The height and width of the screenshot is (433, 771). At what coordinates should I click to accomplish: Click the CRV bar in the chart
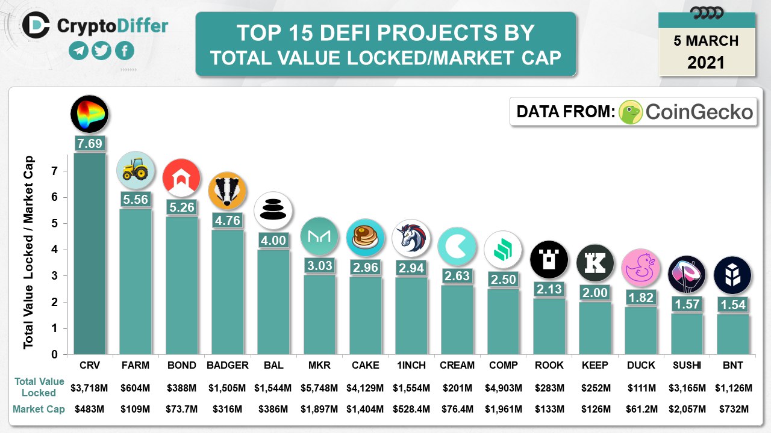90,253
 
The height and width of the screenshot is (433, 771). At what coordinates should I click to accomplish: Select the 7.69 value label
90,144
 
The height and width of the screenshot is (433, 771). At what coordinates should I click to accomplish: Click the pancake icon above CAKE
366,236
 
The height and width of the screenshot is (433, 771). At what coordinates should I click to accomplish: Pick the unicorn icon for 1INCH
411,238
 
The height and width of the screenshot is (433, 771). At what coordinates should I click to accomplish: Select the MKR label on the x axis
319,365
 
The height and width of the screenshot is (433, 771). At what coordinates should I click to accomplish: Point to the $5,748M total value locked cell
319,388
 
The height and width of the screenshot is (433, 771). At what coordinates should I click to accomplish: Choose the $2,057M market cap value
687,410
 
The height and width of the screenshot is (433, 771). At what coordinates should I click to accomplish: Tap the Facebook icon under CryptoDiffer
125,51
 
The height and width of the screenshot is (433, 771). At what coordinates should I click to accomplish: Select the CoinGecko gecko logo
631,112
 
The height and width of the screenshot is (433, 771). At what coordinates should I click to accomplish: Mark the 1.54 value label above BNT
733,305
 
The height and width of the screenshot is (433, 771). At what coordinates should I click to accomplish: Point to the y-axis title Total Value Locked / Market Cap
29,253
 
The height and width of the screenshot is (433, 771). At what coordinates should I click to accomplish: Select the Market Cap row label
39,410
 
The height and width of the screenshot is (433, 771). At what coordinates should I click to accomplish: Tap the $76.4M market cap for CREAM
457,410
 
